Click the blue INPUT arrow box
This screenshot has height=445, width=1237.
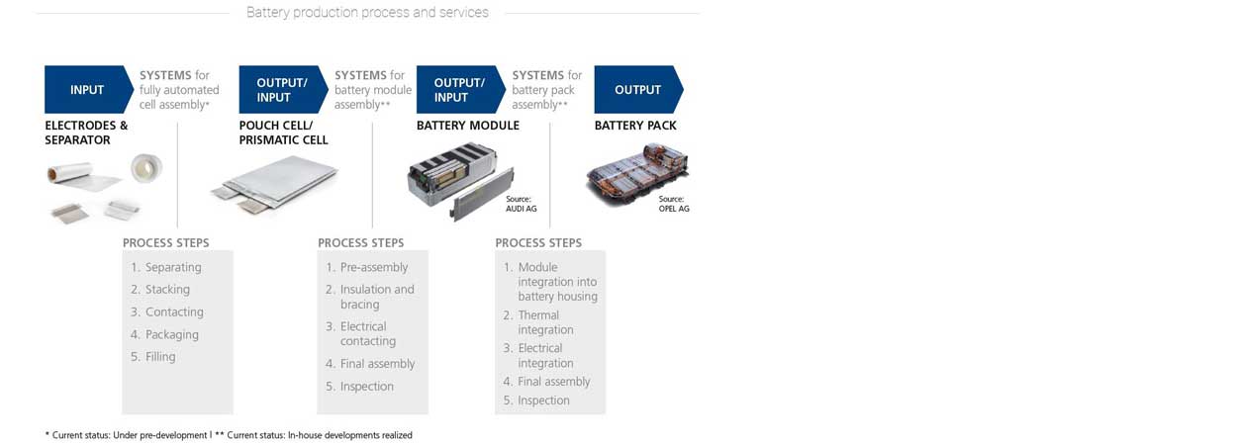[87, 90]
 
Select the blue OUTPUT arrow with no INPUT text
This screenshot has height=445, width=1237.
[637, 90]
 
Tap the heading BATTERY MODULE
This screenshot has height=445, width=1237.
[467, 126]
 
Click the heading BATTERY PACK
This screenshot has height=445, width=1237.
[634, 126]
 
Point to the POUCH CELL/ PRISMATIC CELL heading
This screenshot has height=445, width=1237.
[283, 133]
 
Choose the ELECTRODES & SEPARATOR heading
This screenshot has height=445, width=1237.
[86, 133]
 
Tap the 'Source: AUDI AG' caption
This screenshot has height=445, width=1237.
[521, 204]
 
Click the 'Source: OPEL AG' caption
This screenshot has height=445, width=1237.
[674, 204]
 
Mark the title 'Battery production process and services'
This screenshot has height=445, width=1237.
[367, 13]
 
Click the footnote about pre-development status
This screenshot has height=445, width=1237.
[126, 435]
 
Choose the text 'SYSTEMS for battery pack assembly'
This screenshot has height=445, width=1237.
[546, 90]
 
